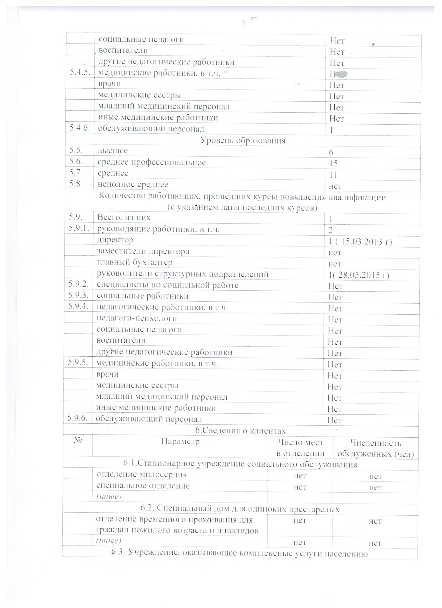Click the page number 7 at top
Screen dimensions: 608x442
click(244, 24)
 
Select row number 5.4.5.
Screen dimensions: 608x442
click(80, 72)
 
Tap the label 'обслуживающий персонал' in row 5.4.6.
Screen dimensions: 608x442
click(151, 129)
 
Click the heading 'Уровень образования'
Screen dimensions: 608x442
click(243, 140)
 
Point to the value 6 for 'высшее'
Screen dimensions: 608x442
click(331, 153)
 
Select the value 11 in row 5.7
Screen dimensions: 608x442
click(333, 175)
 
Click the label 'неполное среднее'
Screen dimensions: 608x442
click(133, 184)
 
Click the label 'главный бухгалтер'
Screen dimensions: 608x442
click(135, 262)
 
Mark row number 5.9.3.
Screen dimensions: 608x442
click(78, 295)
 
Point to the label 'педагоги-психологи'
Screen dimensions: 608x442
click(137, 318)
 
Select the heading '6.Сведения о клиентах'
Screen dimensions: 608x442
click(240, 431)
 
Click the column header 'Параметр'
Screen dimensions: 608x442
click(180, 442)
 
